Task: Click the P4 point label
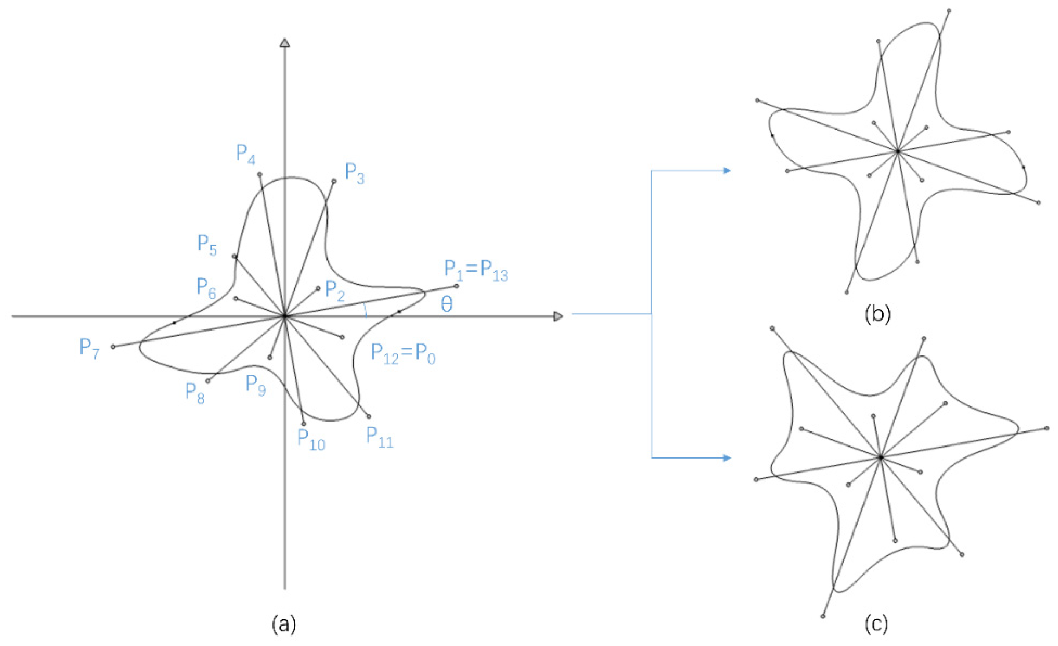[x=246, y=155]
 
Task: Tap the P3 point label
[x=355, y=174]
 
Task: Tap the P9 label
[x=255, y=385]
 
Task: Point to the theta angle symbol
[x=447, y=305]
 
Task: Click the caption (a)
[x=284, y=625]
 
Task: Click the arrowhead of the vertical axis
[x=285, y=43]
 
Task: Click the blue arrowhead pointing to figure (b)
[x=727, y=171]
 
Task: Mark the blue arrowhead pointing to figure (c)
[x=727, y=458]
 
